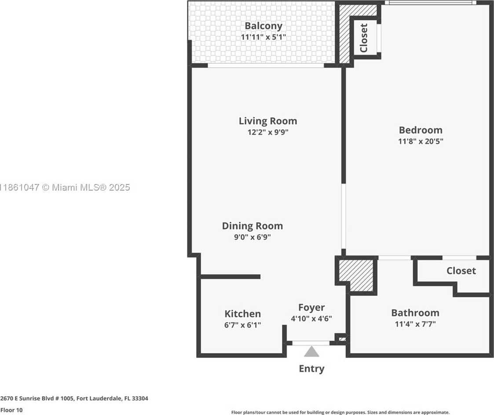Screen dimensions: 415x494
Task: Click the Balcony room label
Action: [x=263, y=26]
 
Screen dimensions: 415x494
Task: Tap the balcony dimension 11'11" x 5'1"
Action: [x=263, y=37]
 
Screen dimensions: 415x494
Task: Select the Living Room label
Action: [x=267, y=121]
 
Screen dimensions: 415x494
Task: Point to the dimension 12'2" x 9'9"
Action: [x=267, y=132]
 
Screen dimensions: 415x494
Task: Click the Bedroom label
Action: [x=420, y=130]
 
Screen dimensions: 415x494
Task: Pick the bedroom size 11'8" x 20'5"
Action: [x=420, y=141]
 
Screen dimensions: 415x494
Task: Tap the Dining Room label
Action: [x=252, y=226]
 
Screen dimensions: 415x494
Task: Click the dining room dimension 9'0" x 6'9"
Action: [x=252, y=237]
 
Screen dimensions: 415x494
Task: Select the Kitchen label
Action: [x=242, y=314]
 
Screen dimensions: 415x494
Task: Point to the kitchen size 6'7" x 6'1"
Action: [x=242, y=325]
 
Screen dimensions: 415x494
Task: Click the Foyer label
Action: [x=311, y=307]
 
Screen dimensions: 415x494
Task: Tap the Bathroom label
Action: [x=415, y=313]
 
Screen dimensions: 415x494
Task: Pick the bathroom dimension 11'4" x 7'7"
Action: [x=415, y=325]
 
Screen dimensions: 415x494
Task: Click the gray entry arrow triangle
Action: [x=311, y=351]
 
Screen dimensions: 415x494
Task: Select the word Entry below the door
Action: [x=311, y=368]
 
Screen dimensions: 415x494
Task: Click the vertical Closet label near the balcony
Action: [x=364, y=38]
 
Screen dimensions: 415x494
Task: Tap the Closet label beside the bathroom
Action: [x=461, y=271]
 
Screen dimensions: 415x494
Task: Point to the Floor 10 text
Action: [x=11, y=410]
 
